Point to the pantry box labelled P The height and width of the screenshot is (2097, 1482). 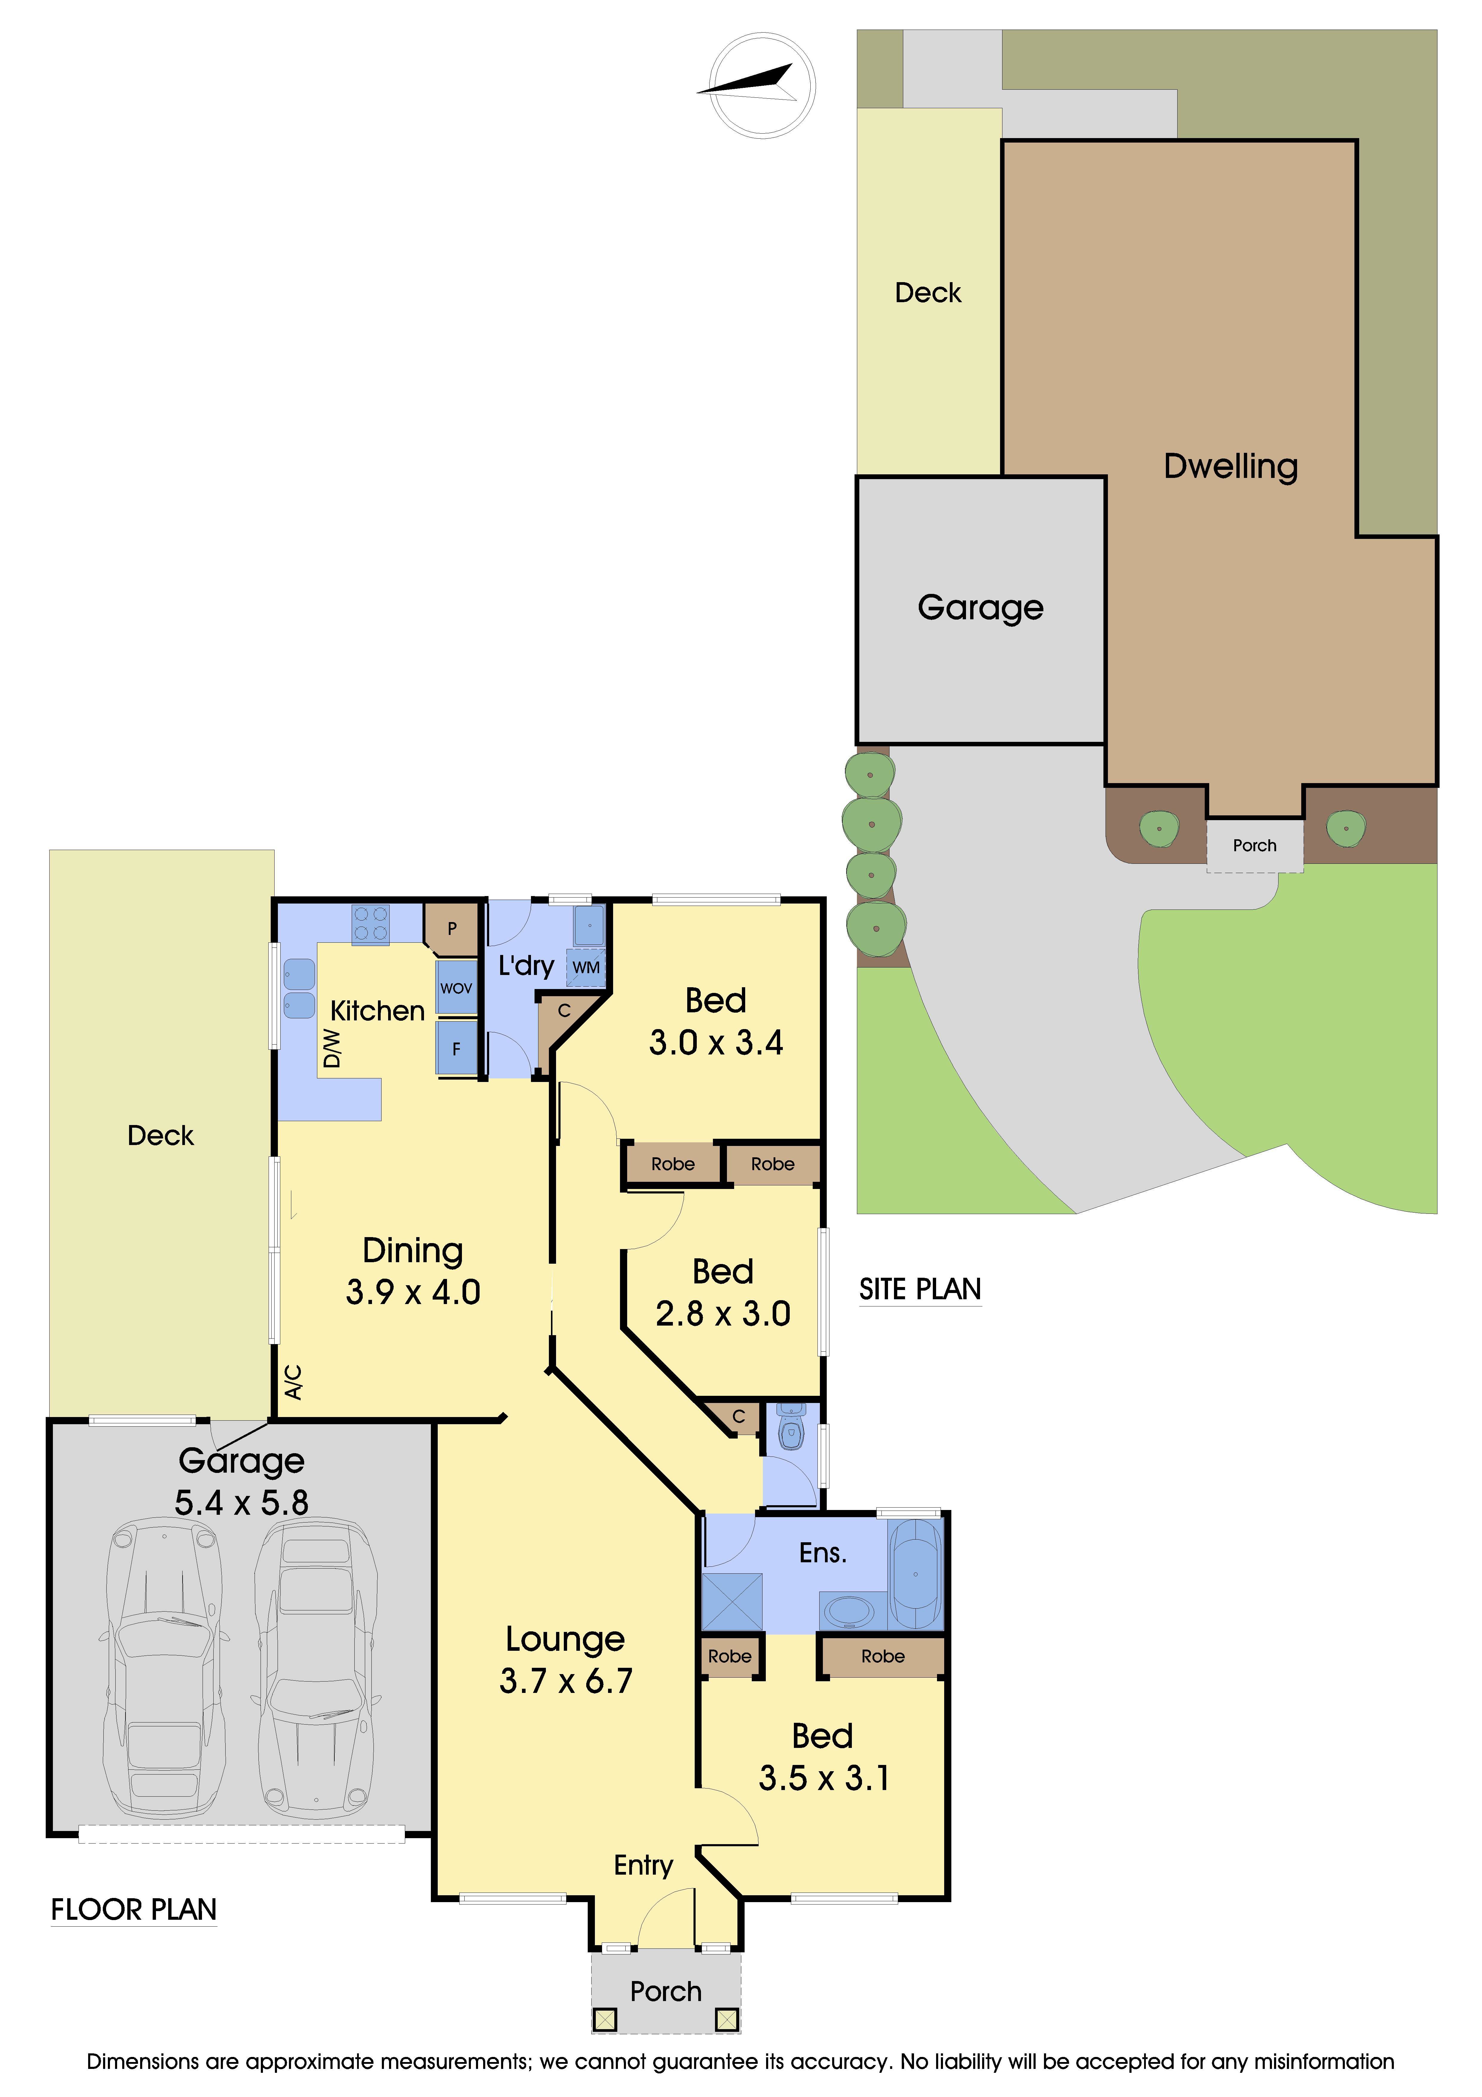[x=451, y=928]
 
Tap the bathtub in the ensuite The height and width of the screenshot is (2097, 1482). [x=915, y=1574]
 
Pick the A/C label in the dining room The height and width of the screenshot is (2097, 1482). [x=293, y=1382]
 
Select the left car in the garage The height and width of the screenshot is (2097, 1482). [x=164, y=1671]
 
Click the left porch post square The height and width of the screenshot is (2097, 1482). [x=604, y=2019]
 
